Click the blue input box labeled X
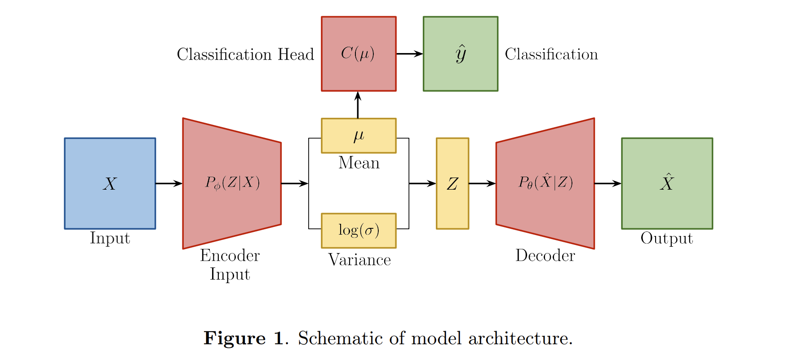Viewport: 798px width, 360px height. [x=110, y=183]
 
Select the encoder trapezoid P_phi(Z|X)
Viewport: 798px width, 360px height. [x=232, y=183]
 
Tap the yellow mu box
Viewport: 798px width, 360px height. [x=359, y=136]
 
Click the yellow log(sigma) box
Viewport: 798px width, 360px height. [x=359, y=231]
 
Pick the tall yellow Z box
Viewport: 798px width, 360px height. [x=452, y=183]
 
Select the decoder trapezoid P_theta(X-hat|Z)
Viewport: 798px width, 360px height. [x=545, y=183]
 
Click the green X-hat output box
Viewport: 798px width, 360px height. [x=667, y=183]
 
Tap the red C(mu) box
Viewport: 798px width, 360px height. [x=359, y=54]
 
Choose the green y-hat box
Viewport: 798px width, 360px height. [x=461, y=54]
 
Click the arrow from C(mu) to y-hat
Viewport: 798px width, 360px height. [x=409, y=54]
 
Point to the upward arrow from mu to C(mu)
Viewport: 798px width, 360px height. [x=358, y=105]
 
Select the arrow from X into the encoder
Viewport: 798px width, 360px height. [x=168, y=183]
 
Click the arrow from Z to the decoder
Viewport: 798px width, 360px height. [x=482, y=183]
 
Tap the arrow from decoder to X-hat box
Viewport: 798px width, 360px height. [x=607, y=183]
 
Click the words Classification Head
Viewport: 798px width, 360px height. [x=245, y=54]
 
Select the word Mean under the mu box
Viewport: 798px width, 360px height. [x=359, y=163]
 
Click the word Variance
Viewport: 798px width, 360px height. [x=359, y=260]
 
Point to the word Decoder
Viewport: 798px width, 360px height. [x=545, y=255]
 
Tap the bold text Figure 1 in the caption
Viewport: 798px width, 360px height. [x=244, y=338]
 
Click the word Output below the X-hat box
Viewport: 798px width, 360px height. [x=667, y=238]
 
